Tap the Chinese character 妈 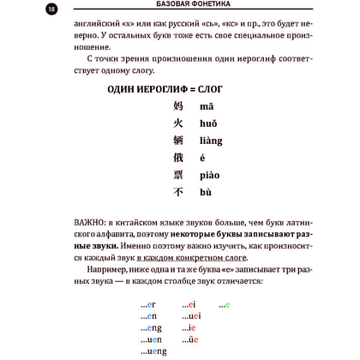[179, 105]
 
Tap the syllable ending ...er [145, 304]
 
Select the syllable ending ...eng [148, 327]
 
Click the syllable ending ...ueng [151, 351]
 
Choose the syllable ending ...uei [192, 316]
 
